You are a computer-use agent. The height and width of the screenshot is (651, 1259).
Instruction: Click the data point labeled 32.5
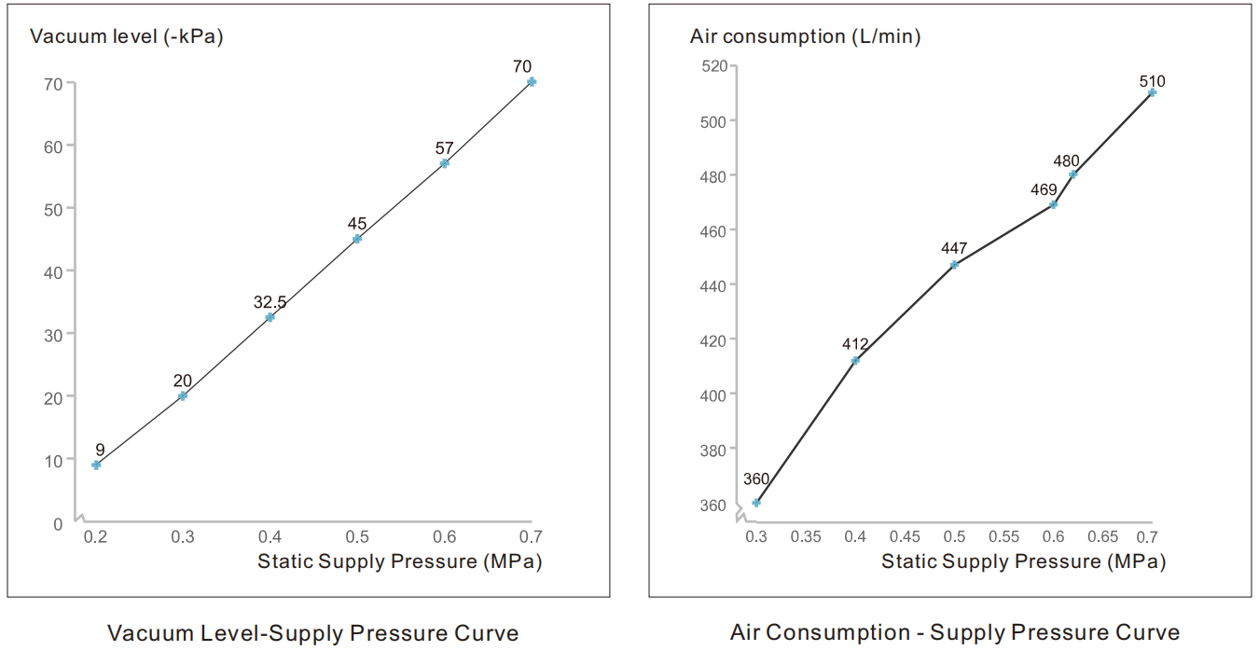point(270,317)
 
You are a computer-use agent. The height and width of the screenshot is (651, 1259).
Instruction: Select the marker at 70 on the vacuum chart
point(532,82)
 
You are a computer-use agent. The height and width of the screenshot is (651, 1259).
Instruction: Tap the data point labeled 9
point(96,464)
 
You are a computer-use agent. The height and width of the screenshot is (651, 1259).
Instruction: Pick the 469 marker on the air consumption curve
point(1053,204)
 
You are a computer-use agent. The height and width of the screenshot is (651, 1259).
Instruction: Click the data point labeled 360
point(756,503)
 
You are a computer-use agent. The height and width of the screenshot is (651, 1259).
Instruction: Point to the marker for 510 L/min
point(1152,92)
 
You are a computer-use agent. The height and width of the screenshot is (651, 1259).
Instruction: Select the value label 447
point(954,249)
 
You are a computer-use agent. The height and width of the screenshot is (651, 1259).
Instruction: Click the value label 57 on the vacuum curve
point(444,148)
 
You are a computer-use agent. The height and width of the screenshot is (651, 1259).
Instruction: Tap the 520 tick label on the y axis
point(714,66)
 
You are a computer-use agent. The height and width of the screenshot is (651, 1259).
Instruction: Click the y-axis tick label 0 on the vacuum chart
point(58,523)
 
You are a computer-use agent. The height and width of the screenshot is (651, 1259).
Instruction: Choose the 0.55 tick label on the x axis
point(1003,537)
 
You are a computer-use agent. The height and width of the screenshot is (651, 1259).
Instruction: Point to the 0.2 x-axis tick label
point(95,537)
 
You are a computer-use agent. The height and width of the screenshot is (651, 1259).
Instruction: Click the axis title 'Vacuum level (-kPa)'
point(127,37)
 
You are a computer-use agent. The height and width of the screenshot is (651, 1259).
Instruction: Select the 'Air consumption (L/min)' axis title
point(805,37)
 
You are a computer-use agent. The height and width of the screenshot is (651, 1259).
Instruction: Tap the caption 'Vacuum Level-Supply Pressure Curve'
point(312,633)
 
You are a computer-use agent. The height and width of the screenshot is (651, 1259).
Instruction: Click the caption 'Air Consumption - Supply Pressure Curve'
point(955,633)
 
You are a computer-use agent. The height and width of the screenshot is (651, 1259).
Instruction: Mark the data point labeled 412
point(855,361)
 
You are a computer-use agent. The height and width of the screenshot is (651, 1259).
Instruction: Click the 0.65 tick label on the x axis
point(1102,537)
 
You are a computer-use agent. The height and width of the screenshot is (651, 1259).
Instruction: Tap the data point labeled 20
point(183,395)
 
